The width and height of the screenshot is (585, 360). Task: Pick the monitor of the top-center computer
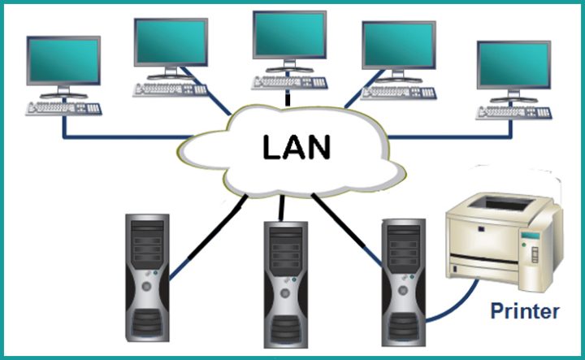tap(288, 37)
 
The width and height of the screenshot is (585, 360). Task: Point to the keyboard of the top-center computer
tap(289, 83)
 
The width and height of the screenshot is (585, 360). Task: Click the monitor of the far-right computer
tap(513, 67)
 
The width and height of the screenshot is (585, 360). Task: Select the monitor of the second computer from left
tap(171, 42)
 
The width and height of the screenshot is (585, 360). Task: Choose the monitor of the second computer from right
tap(398, 46)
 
